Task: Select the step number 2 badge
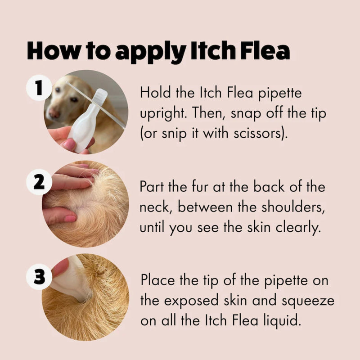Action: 39,182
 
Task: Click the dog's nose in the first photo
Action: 54,113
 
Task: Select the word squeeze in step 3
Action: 308,301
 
